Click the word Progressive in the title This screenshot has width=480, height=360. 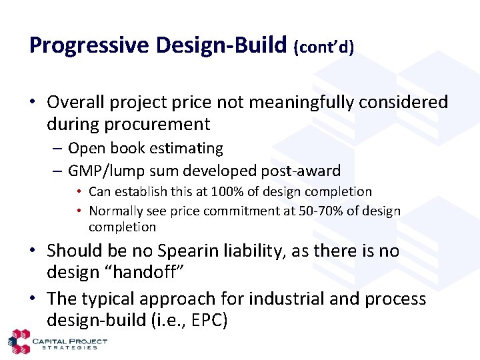(x=89, y=45)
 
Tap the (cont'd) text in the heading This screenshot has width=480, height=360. (x=323, y=47)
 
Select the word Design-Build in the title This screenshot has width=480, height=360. (x=221, y=45)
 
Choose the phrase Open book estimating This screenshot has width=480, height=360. (x=146, y=149)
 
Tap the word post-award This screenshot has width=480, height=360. (x=301, y=171)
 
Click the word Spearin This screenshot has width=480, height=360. (x=187, y=251)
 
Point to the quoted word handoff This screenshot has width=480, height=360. (x=146, y=271)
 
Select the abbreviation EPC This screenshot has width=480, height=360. (x=209, y=320)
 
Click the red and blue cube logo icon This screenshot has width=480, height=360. (x=19, y=341)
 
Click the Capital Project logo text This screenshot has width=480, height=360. (x=70, y=341)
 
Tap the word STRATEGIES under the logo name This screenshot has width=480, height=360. (x=69, y=348)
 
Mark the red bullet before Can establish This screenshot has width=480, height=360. (x=79, y=191)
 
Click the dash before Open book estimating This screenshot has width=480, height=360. (x=57, y=149)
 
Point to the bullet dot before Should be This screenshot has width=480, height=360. (x=33, y=251)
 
